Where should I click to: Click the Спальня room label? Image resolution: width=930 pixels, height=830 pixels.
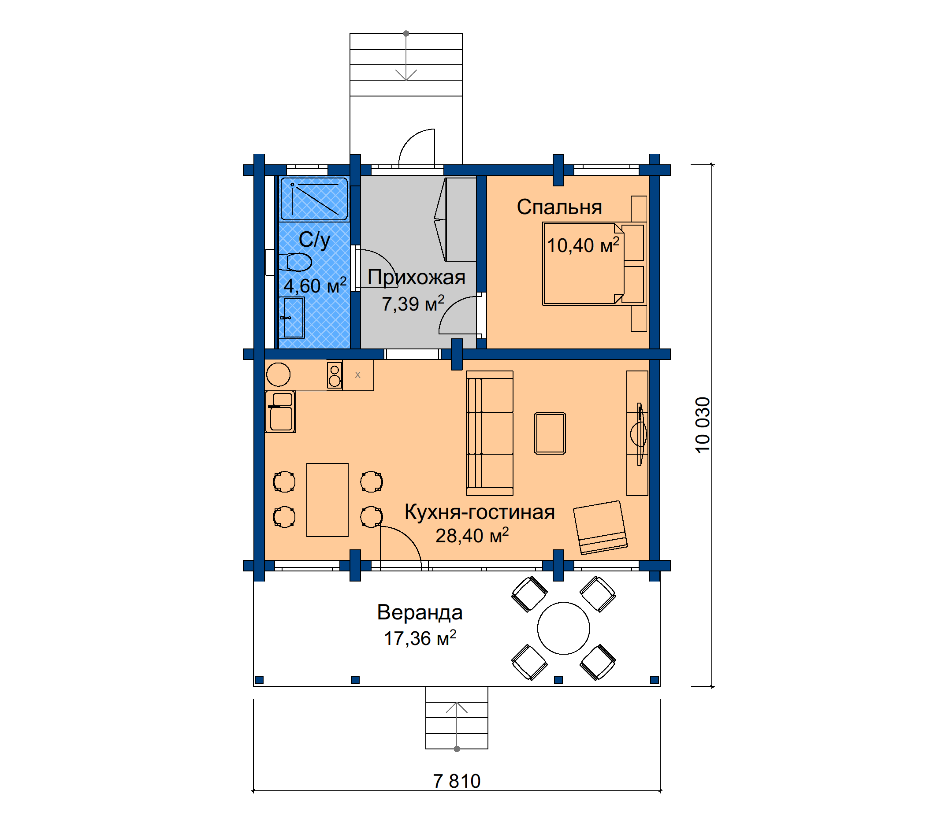tap(559, 207)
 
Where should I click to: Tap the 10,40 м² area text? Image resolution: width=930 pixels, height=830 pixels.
tap(583, 245)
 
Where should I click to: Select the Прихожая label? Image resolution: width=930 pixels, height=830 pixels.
tap(416, 278)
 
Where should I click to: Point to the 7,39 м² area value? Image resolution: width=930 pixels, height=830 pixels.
tap(413, 304)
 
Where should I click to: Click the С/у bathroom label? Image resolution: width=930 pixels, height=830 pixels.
tap(314, 239)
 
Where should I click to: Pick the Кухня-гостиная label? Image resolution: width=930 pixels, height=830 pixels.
tap(480, 512)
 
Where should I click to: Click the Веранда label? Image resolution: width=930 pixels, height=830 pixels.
tap(420, 612)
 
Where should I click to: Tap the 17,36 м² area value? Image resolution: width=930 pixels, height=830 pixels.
tap(420, 638)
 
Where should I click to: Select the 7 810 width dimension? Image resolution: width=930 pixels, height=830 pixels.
tap(457, 781)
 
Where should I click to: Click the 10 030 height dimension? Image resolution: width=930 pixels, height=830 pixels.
tap(703, 425)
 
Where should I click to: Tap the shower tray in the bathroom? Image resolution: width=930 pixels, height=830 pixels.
tap(314, 199)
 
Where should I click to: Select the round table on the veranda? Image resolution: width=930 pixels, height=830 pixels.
tap(564, 628)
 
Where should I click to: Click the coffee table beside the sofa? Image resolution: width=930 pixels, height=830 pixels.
tap(550, 433)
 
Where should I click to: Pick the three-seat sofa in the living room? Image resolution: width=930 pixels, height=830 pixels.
tap(490, 433)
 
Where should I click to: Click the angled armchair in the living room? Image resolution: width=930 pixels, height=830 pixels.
tap(600, 528)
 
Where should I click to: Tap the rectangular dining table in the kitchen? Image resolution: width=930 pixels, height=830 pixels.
tap(327, 500)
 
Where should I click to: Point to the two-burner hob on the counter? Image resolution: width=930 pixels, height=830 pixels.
tap(335, 375)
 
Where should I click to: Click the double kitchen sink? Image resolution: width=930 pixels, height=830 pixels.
tap(280, 412)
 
